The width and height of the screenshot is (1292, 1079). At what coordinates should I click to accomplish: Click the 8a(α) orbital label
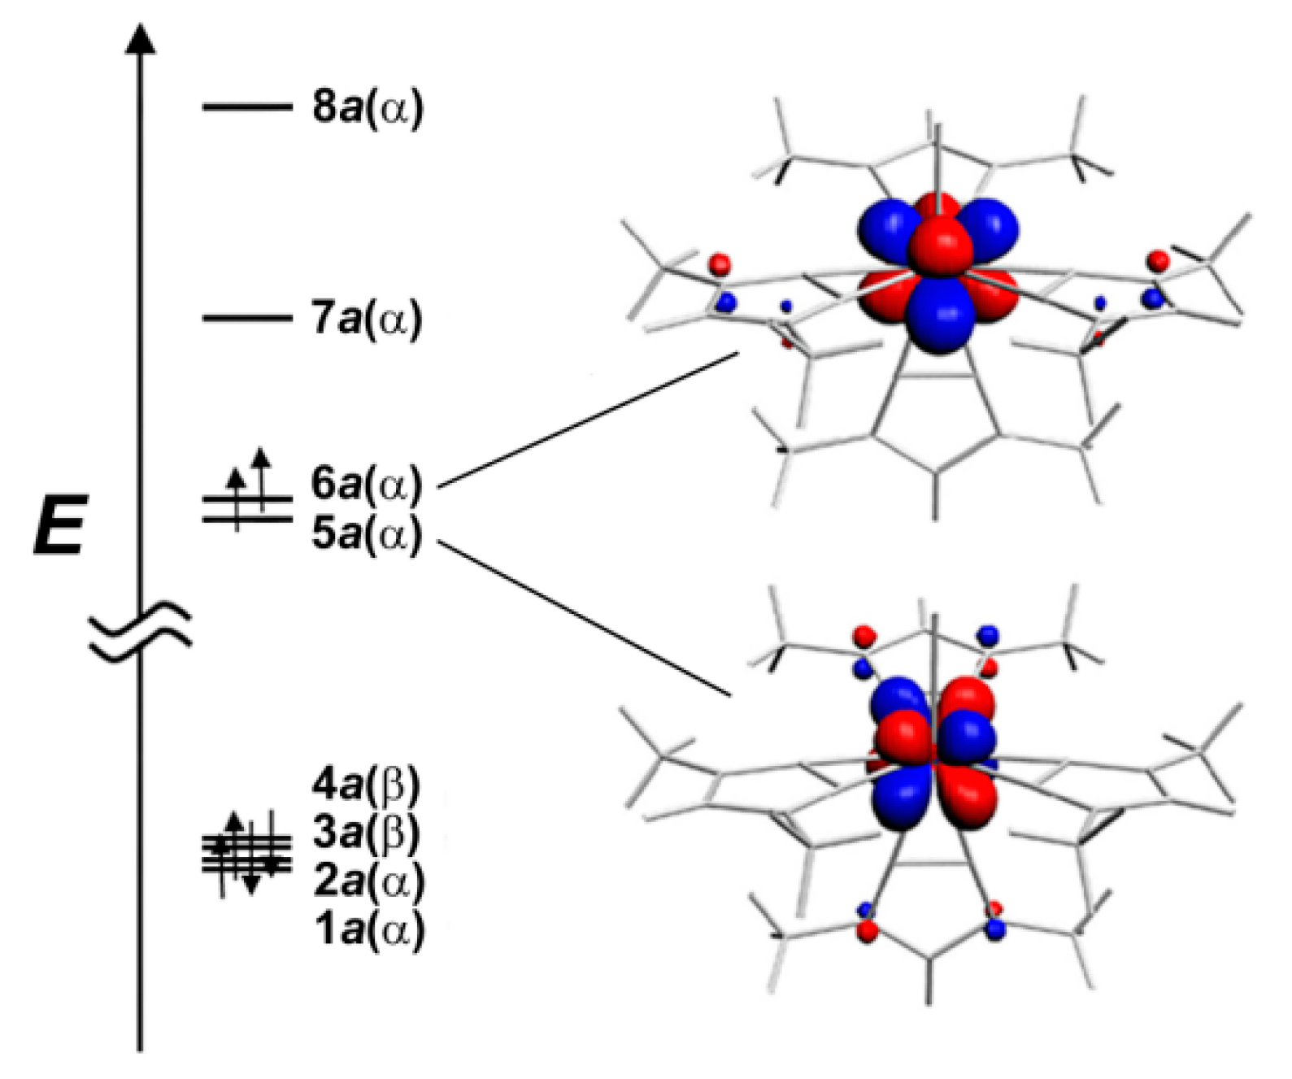pyautogui.click(x=368, y=108)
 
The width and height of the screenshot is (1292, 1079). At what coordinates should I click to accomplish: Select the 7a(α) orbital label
pyautogui.click(x=368, y=319)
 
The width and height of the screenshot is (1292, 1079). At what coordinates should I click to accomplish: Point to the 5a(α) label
pyautogui.click(x=367, y=535)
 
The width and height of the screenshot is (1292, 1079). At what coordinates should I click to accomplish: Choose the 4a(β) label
pyautogui.click(x=367, y=785)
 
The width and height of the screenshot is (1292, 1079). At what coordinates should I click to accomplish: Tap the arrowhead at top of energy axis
pyautogui.click(x=141, y=38)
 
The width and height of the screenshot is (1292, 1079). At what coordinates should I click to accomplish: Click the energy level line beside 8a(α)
pyautogui.click(x=246, y=107)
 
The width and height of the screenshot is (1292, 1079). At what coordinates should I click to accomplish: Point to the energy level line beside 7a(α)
pyautogui.click(x=246, y=317)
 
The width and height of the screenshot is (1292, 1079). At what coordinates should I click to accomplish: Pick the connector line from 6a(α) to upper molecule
pyautogui.click(x=587, y=420)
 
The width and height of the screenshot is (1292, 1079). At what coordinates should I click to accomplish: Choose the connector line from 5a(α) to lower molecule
pyautogui.click(x=584, y=619)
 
